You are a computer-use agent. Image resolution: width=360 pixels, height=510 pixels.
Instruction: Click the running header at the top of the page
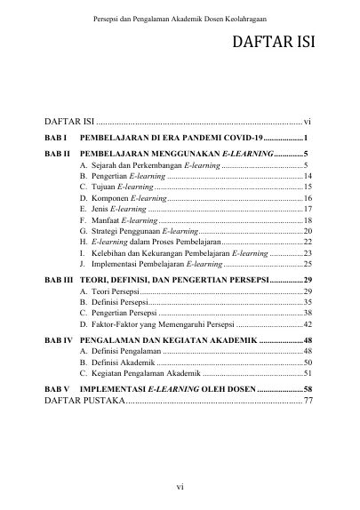point(180,20)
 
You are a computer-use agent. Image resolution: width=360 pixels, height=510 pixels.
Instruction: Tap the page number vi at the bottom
point(180,486)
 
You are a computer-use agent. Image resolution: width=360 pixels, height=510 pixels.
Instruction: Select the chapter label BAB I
point(55,139)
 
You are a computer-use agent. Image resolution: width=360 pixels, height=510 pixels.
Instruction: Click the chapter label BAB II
point(57,155)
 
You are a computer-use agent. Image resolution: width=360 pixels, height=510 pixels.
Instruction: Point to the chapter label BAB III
point(59,280)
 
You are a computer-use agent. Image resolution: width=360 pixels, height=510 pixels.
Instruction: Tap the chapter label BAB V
point(56,389)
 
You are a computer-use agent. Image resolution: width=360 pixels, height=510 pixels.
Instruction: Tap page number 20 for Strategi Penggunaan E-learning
point(306,231)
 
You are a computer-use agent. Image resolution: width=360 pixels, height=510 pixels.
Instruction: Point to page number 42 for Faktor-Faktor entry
point(306,325)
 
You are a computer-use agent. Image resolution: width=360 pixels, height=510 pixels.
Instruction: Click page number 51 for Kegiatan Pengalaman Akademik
point(306,374)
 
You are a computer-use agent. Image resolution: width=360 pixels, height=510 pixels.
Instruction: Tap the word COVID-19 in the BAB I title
point(241,139)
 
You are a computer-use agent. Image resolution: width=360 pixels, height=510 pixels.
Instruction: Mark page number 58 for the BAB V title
point(306,389)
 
